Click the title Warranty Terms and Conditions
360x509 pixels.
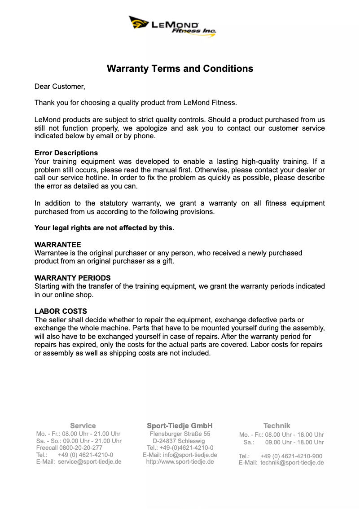point(180,69)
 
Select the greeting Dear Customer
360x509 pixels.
point(60,86)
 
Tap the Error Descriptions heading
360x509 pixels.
point(66,153)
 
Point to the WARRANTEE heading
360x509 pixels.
point(57,245)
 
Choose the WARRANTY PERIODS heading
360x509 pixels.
point(72,278)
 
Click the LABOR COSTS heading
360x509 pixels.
point(61,311)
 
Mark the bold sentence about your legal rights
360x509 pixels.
point(104,228)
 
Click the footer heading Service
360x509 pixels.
point(83,426)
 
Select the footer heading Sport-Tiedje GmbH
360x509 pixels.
point(180,426)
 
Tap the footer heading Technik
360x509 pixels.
point(277,426)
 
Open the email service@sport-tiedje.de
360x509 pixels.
point(90,461)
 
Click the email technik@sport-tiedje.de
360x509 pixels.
point(292,463)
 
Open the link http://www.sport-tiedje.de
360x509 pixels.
point(180,461)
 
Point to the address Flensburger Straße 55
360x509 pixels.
point(180,434)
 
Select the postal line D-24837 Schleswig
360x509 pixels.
point(179,441)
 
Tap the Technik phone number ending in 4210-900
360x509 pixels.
point(291,456)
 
